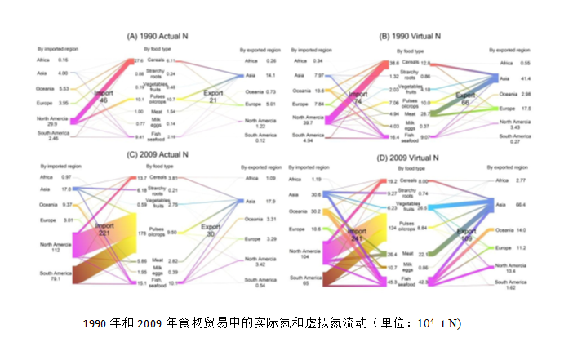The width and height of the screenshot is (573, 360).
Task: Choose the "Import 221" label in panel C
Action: [104, 229]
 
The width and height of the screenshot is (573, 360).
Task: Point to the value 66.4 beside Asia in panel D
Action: [517, 207]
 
